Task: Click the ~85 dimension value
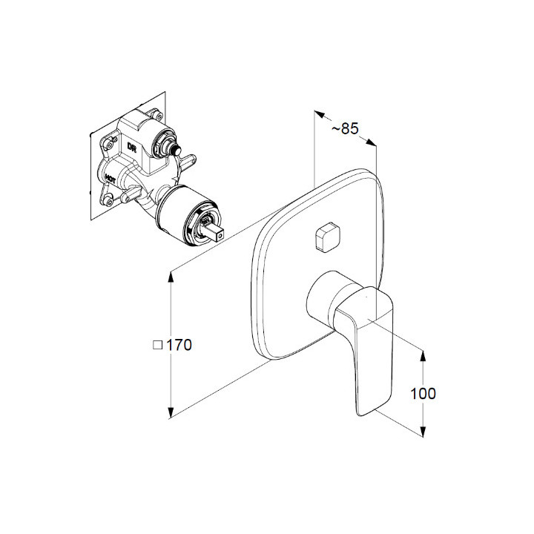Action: point(345,129)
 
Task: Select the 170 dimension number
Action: point(179,345)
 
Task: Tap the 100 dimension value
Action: point(423,394)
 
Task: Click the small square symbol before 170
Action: point(157,346)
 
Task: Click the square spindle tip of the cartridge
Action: point(214,233)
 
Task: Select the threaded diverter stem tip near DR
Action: point(176,149)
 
